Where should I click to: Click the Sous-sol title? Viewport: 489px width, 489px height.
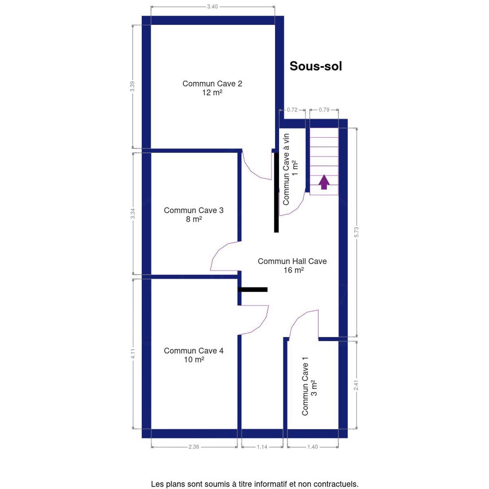pyautogui.click(x=316, y=66)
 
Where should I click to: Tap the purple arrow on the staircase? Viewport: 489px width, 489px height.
pyautogui.click(x=324, y=182)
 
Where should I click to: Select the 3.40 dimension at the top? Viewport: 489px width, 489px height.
pyautogui.click(x=212, y=7)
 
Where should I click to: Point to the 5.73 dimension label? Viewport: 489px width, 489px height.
pyautogui.click(x=357, y=232)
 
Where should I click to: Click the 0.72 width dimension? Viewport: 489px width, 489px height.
pyautogui.click(x=292, y=110)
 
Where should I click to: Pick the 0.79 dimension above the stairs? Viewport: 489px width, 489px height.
pyautogui.click(x=324, y=110)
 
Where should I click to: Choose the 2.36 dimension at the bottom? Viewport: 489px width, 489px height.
pyautogui.click(x=194, y=447)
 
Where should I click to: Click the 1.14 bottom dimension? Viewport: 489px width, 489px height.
pyautogui.click(x=262, y=447)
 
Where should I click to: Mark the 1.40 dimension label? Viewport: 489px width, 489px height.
pyautogui.click(x=313, y=447)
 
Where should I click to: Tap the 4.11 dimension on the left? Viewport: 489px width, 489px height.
pyautogui.click(x=133, y=353)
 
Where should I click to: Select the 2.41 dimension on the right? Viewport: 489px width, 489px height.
pyautogui.click(x=357, y=385)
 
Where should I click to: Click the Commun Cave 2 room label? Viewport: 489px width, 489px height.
pyautogui.click(x=212, y=84)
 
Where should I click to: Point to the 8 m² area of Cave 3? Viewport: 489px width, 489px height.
pyautogui.click(x=194, y=219)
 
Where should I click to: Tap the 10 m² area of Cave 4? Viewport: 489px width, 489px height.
pyautogui.click(x=194, y=359)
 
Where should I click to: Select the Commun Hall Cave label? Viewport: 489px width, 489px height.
pyautogui.click(x=292, y=261)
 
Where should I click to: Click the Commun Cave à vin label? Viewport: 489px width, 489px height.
pyautogui.click(x=286, y=169)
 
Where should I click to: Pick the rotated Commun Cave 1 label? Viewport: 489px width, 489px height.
pyautogui.click(x=305, y=386)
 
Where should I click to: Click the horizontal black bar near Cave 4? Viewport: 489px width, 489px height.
pyautogui.click(x=253, y=290)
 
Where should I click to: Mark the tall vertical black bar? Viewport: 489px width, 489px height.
pyautogui.click(x=276, y=193)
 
